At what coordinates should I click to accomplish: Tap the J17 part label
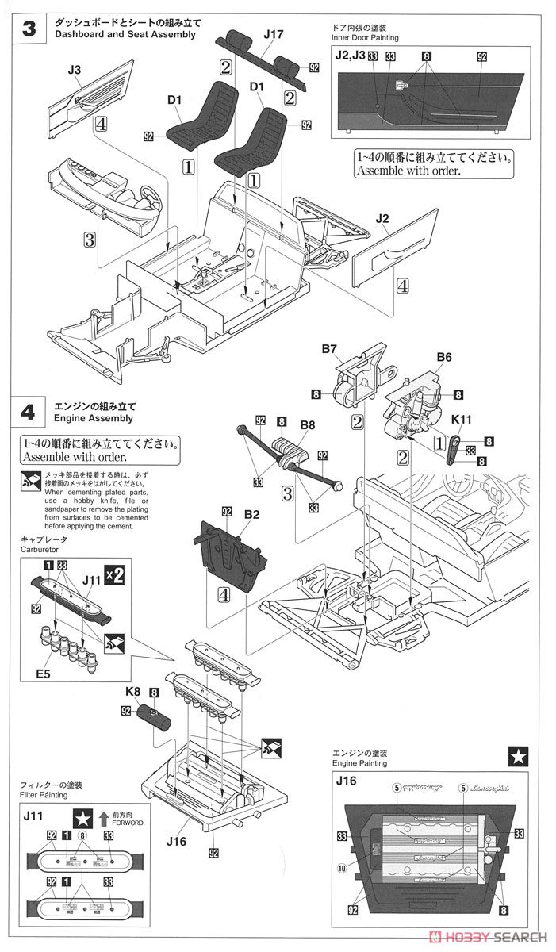[x=272, y=34]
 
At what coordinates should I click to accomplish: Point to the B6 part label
[x=444, y=358]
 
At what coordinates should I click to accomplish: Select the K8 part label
[x=131, y=691]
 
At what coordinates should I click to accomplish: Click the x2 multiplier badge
[x=114, y=576]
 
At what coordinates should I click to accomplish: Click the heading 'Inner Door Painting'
[x=366, y=37]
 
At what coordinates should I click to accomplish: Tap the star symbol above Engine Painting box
[x=516, y=757]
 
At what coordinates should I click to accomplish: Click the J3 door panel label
[x=75, y=70]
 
